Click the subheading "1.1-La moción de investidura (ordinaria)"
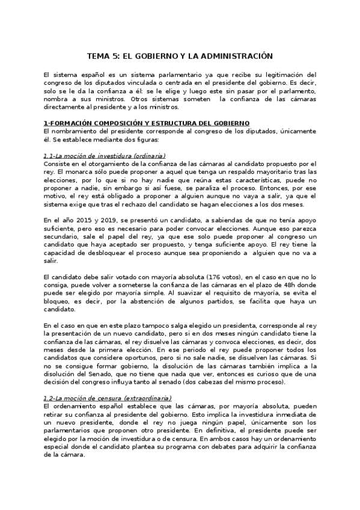(105, 156)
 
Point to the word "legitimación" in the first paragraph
(291, 74)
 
